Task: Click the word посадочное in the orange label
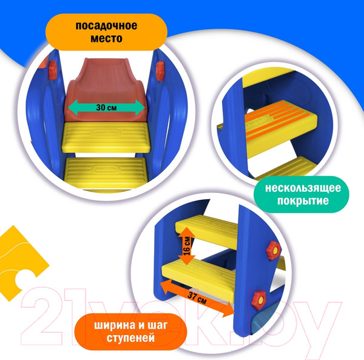pyautogui.click(x=106, y=25)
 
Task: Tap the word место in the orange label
pyautogui.click(x=106, y=38)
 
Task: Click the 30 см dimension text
pyautogui.click(x=106, y=107)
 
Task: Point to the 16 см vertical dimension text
pyautogui.click(x=187, y=246)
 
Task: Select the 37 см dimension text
pyautogui.click(x=197, y=298)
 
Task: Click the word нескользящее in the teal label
pyautogui.click(x=303, y=188)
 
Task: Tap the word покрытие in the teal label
pyautogui.click(x=303, y=201)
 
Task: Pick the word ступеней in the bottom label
pyautogui.click(x=130, y=338)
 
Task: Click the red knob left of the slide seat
pyautogui.click(x=52, y=70)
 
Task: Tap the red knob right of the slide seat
pyautogui.click(x=160, y=70)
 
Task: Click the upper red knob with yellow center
pyautogui.click(x=274, y=251)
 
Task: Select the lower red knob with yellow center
pyautogui.click(x=260, y=300)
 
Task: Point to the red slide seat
pyautogui.click(x=106, y=90)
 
